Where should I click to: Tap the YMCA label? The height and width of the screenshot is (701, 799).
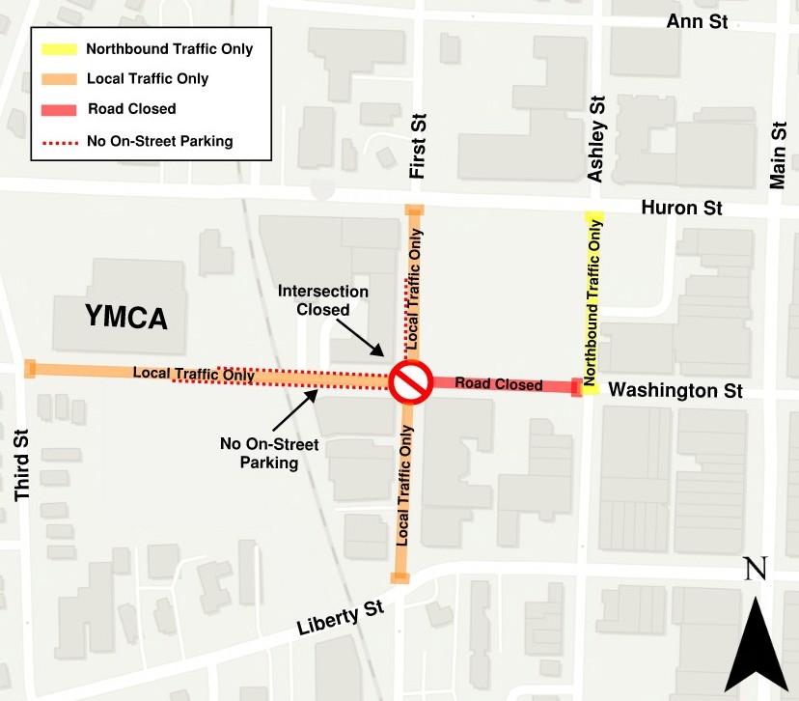126,316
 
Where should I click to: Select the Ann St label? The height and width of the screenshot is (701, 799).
697,21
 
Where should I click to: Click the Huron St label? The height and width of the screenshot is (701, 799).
682,208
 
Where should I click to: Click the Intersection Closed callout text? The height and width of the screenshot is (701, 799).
323,300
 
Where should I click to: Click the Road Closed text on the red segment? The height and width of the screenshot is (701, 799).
499,384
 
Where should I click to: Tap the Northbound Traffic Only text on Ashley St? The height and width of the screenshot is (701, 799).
592,298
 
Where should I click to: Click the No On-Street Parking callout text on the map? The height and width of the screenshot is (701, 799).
260,454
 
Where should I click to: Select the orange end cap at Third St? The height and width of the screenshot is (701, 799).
30,368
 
